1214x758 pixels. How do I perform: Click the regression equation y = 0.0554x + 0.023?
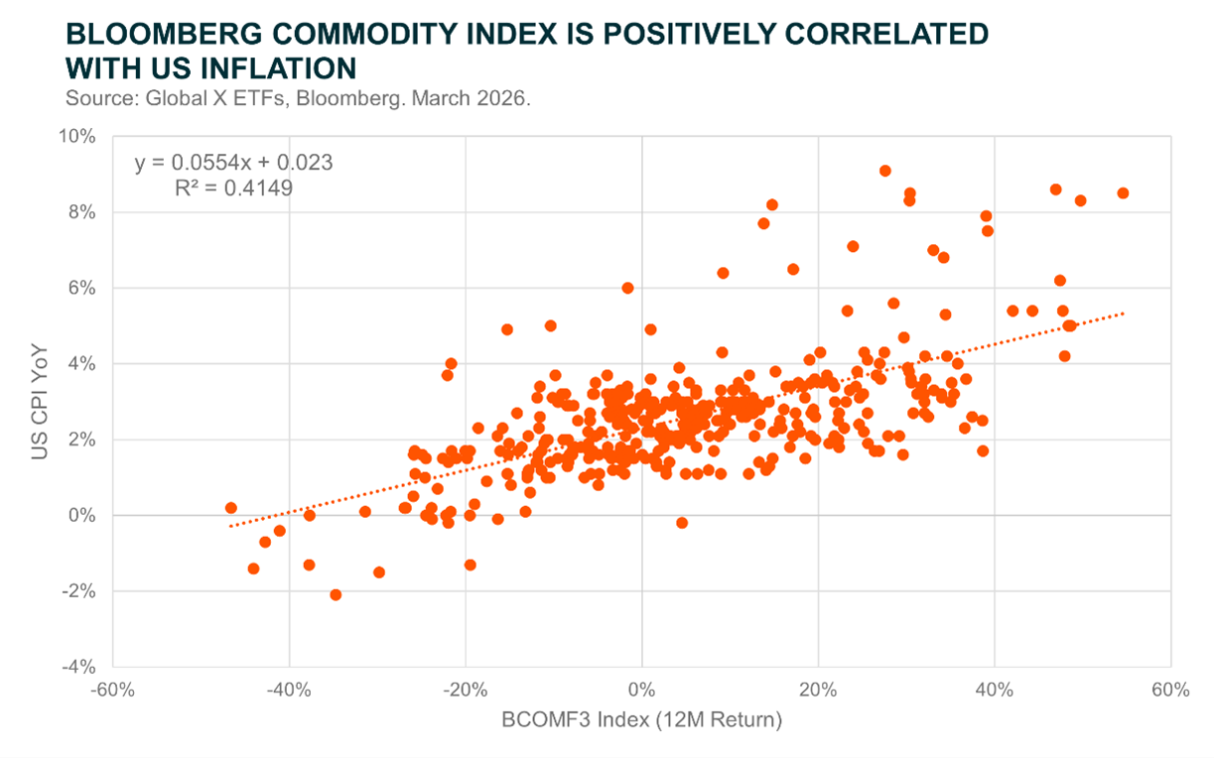pyautogui.click(x=233, y=163)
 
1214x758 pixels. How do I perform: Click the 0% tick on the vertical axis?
pyautogui.click(x=85, y=515)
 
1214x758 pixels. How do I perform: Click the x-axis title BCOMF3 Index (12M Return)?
pyautogui.click(x=641, y=720)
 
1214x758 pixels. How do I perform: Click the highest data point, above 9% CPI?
pyautogui.click(x=884, y=171)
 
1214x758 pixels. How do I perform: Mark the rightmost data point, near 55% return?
pyautogui.click(x=1123, y=193)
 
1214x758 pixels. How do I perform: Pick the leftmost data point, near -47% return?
pyautogui.click(x=231, y=508)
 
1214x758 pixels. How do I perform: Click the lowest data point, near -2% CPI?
pyautogui.click(x=336, y=595)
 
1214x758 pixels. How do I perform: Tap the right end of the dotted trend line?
pyautogui.click(x=1124, y=314)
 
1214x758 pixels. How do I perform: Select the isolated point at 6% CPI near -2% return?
pyautogui.click(x=627, y=288)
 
